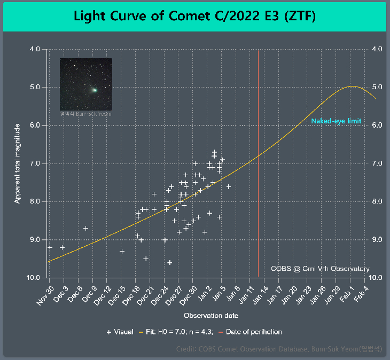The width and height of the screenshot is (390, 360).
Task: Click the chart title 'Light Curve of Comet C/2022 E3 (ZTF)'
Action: pos(195,16)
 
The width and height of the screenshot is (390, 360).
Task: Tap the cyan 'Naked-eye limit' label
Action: pos(336,121)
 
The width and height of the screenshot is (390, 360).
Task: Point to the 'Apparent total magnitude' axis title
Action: pos(17,163)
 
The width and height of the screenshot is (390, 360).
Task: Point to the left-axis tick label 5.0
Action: pos(35,87)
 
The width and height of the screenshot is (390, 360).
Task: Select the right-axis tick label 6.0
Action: pos(376,125)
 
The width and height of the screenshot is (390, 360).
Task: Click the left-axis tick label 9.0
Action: pos(35,240)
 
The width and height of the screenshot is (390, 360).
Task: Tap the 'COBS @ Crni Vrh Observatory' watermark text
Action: pos(319,269)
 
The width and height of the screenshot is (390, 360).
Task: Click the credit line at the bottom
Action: pos(279,350)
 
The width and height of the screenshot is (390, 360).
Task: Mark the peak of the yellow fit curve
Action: pos(352,86)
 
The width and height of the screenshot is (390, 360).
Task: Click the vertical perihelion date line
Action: pos(259,160)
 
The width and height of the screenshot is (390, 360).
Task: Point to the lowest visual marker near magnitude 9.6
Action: pos(170,262)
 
